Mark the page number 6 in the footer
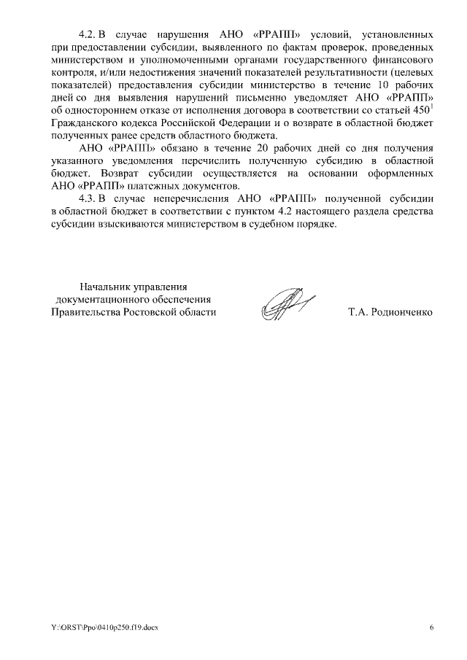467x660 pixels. tap(431, 628)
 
